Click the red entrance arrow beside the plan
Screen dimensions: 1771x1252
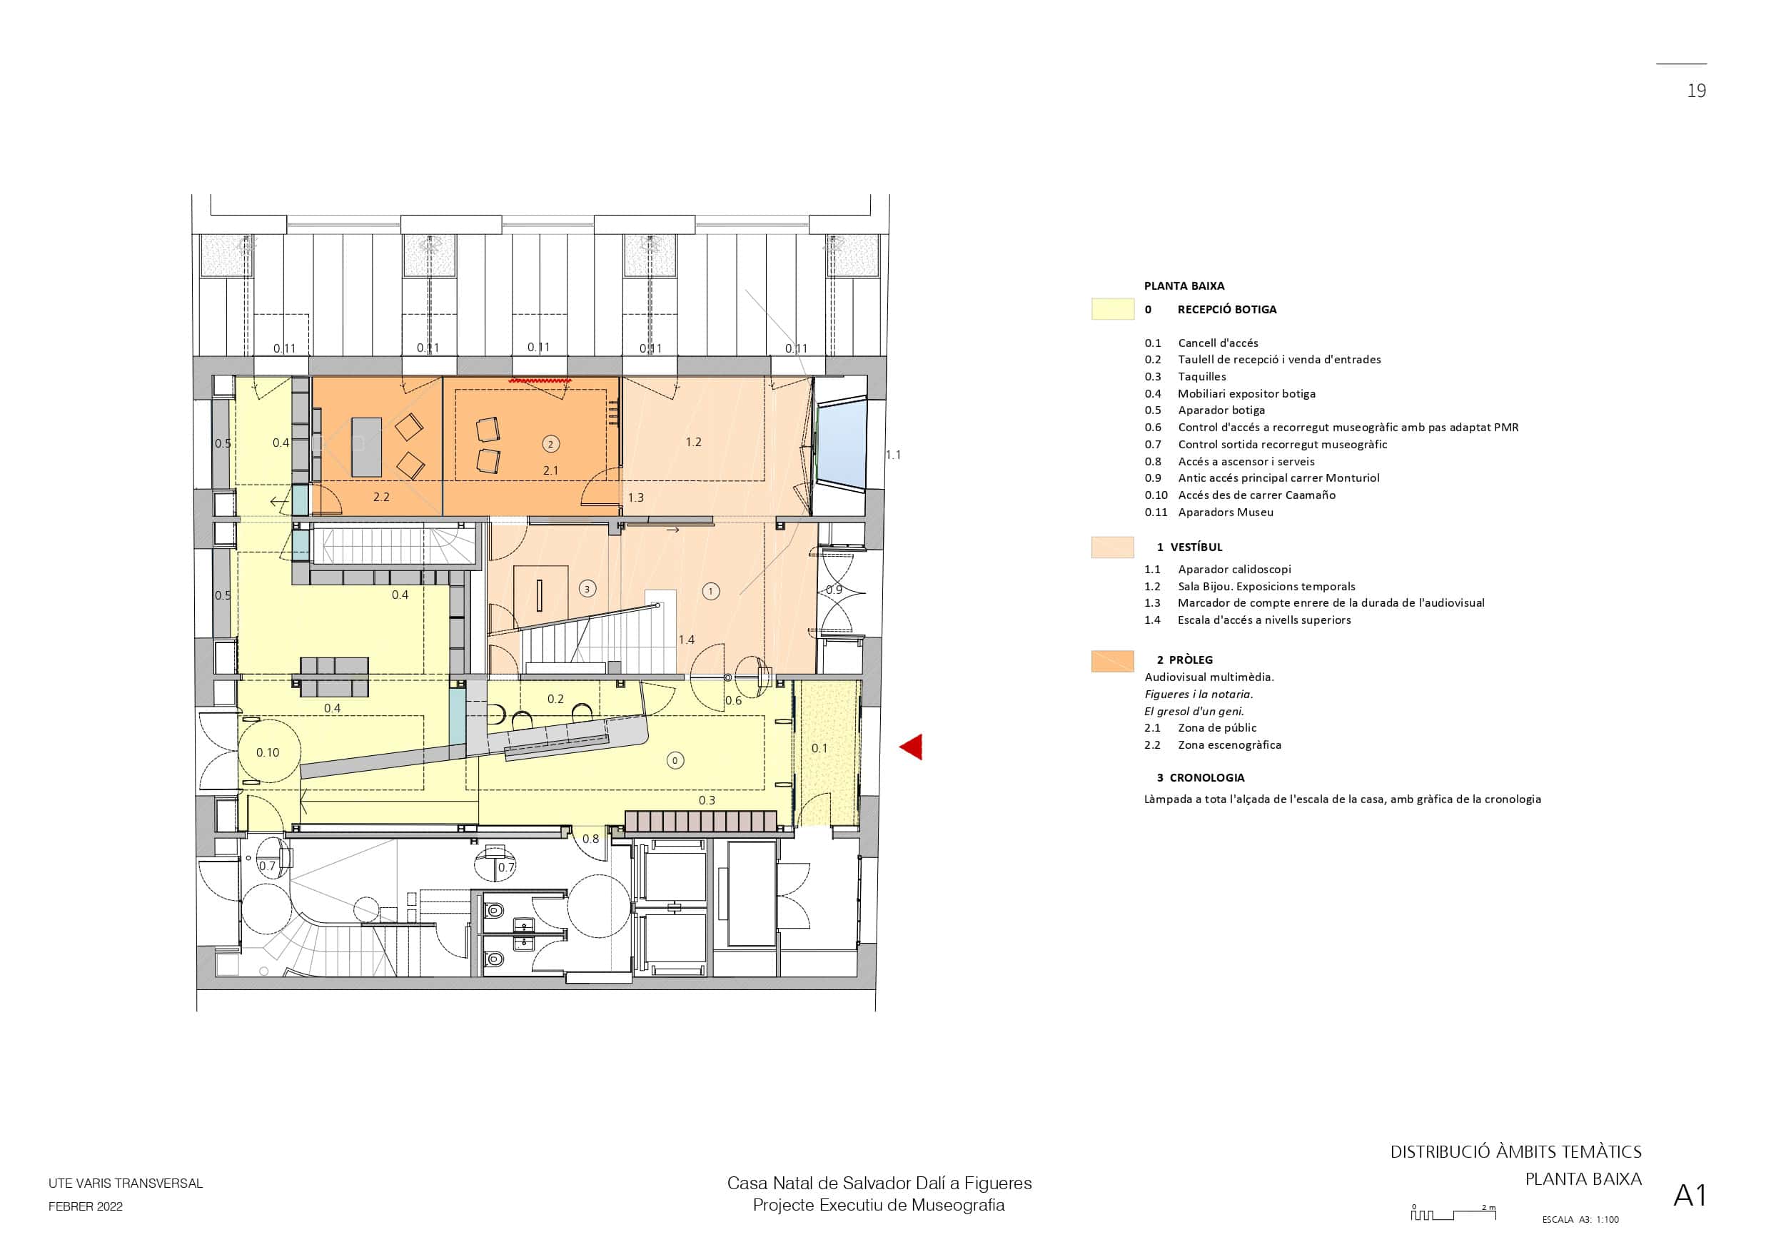coord(912,747)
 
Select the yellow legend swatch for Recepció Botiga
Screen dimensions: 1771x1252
coord(1112,308)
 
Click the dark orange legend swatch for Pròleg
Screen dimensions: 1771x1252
coord(1112,661)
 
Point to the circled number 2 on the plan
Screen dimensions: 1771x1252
coord(551,443)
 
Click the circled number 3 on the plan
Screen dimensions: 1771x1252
coord(587,590)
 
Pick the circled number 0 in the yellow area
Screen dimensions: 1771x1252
coord(675,761)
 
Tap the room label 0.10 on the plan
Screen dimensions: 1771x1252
coord(268,752)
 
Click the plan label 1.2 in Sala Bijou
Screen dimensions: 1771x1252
coord(693,442)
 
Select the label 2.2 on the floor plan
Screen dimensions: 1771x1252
coord(381,497)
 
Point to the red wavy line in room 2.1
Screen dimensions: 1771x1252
coord(540,380)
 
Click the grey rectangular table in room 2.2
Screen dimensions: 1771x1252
coord(366,447)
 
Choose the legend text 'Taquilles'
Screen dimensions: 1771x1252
coord(1202,376)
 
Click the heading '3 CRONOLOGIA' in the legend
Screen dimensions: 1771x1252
coord(1201,777)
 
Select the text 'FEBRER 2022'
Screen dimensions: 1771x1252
coord(86,1206)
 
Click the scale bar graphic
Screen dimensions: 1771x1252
coord(1453,1213)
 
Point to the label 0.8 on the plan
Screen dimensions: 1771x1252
coord(590,839)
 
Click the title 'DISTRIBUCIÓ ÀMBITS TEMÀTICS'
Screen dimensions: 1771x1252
coord(1515,1153)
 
